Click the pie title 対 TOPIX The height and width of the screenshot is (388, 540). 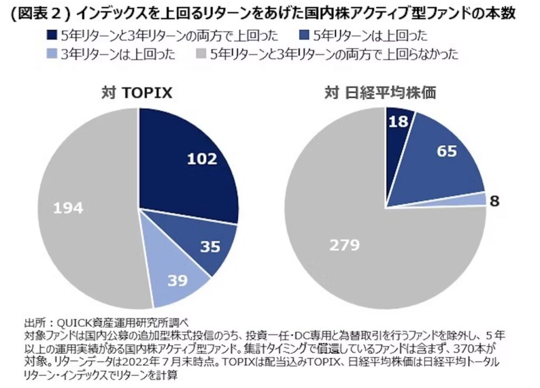pos(138,92)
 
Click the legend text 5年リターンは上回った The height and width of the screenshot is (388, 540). pos(369,35)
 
